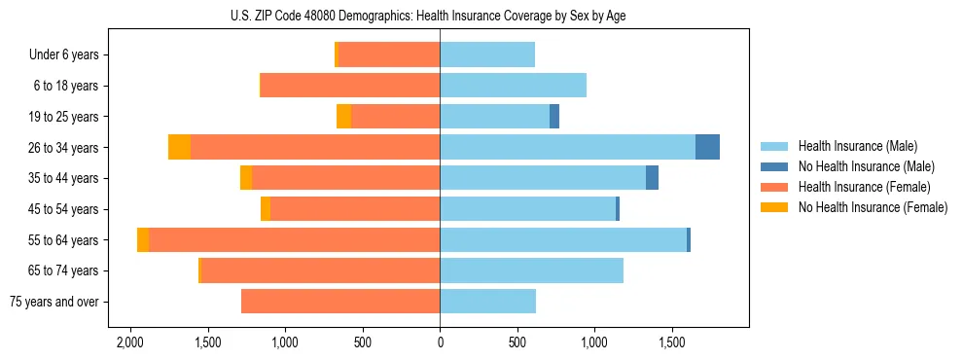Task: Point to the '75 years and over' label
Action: coord(54,302)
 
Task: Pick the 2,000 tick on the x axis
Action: coord(130,343)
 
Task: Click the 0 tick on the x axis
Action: coord(440,343)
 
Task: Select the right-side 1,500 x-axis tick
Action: coord(672,343)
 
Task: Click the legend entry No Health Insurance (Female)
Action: coord(873,207)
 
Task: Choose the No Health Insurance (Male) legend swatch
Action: coord(774,166)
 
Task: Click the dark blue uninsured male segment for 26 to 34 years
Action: coord(707,147)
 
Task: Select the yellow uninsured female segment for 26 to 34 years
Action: coord(179,147)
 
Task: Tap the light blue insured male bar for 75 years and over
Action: coord(487,302)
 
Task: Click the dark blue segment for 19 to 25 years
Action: coord(554,117)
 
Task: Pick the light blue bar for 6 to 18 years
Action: coord(513,86)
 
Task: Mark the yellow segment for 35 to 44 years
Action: coord(246,178)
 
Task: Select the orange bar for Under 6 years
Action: coord(388,54)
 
